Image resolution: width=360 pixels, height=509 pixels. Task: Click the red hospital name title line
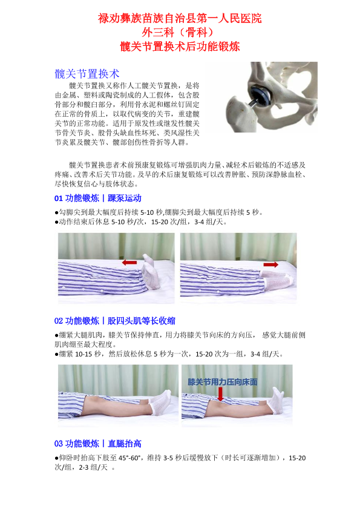[180, 18]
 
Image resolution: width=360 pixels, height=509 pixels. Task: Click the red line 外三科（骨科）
[180, 32]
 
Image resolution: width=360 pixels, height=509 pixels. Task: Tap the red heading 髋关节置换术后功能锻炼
[180, 46]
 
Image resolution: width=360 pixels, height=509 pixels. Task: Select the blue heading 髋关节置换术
[87, 74]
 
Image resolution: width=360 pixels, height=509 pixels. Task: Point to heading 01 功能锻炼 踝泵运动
[97, 198]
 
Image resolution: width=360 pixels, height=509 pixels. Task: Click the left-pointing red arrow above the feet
[129, 262]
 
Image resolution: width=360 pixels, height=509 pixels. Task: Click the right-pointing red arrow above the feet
[270, 264]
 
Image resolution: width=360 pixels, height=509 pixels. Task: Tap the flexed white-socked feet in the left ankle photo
[150, 272]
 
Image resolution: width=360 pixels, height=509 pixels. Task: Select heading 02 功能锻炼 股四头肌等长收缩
[114, 321]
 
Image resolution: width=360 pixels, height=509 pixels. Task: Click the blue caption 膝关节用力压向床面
[223, 382]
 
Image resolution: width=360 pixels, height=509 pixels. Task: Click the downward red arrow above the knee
[220, 393]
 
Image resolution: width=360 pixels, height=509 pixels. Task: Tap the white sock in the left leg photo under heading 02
[160, 402]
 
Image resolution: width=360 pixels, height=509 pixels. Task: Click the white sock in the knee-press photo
[277, 401]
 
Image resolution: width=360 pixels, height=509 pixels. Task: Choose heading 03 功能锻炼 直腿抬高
[97, 444]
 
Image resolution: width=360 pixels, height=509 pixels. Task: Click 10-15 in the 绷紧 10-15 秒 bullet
[83, 354]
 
